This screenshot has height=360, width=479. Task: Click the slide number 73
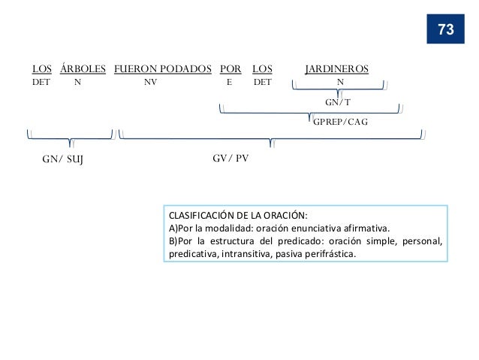445,29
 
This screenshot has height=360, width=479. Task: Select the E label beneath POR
229,83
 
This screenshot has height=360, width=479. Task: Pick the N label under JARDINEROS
342,83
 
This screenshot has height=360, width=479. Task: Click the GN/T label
337,101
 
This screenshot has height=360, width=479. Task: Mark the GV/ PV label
232,159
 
